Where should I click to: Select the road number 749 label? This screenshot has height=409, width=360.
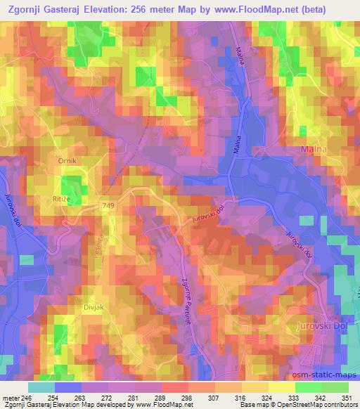coord(107,204)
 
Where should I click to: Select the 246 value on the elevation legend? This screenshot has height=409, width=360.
coord(28,398)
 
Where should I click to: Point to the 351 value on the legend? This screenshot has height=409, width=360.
coord(347,398)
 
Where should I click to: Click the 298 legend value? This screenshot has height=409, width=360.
coord(188,398)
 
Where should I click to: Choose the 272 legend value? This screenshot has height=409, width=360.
coord(108,398)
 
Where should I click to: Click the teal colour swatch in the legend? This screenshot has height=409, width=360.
coord(41,387)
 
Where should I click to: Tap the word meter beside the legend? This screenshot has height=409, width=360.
coord(11,398)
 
